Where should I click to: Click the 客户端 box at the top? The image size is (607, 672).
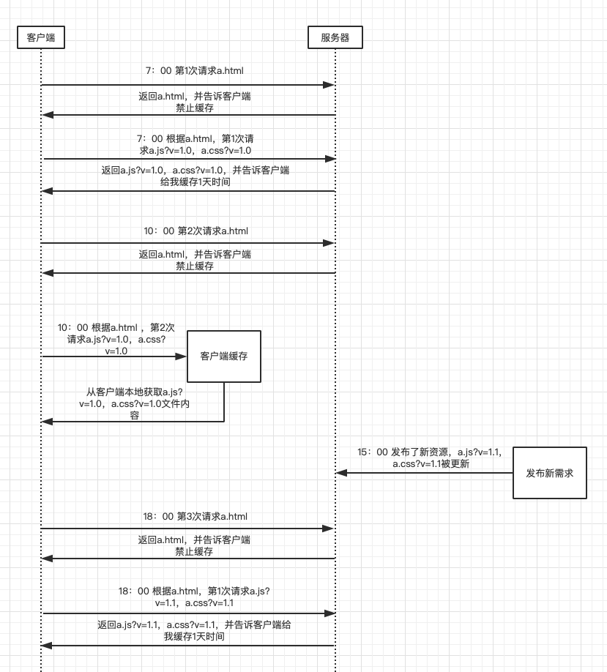[40, 37]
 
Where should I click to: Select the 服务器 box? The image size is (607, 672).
[335, 37]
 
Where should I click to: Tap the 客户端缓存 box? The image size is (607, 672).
[224, 356]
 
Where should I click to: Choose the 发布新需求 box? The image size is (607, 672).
[550, 473]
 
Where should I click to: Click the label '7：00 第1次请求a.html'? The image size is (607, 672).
[194, 71]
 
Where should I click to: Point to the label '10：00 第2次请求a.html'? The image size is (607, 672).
[195, 231]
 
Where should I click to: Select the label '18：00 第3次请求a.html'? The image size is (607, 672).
[195, 516]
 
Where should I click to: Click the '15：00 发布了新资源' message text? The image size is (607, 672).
[431, 458]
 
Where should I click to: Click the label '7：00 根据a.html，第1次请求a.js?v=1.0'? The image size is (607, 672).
[195, 144]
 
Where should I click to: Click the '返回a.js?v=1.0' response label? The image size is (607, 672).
[195, 176]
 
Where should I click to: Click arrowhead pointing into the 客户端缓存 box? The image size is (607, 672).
[182, 356]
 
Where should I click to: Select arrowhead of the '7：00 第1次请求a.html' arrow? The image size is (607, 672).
[329, 85]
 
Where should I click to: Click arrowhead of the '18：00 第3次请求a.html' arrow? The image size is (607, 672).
[329, 528]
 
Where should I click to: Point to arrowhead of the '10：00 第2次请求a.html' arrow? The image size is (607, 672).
[329, 243]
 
